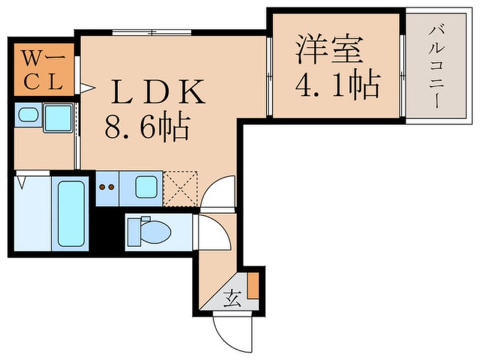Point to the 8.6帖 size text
146,128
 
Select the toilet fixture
149,231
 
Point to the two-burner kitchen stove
107,187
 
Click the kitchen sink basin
145,187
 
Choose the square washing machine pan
58,118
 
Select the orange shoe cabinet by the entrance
253,285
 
